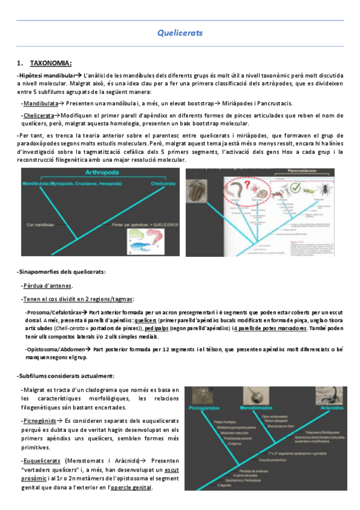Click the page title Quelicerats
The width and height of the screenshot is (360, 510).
(x=180, y=33)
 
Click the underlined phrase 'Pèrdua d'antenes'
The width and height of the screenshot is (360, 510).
(x=47, y=286)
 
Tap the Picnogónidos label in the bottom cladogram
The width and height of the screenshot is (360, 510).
(x=206, y=408)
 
